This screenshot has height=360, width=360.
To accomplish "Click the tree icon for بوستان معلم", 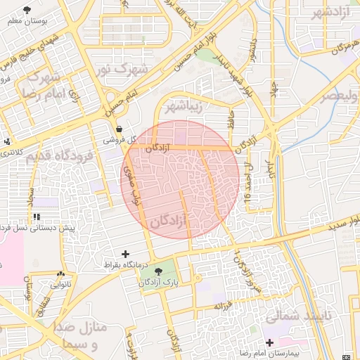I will (x=27, y=10).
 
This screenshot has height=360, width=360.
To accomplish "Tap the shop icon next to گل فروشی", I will (x=119, y=129).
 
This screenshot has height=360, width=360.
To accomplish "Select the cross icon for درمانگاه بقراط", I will (x=126, y=253).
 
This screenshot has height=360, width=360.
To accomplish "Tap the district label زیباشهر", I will (x=183, y=108).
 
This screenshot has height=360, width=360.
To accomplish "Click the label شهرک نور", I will (x=122, y=69).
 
